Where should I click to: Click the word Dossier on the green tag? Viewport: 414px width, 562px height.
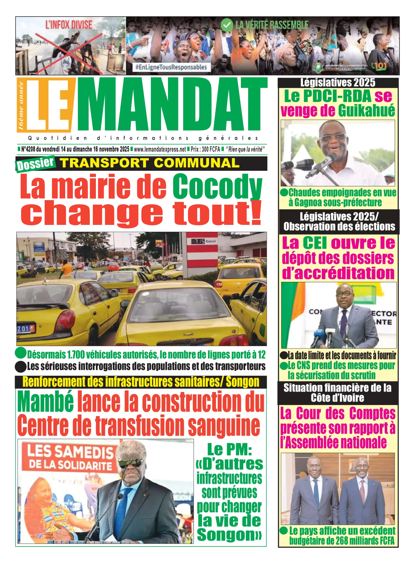pos(35,164)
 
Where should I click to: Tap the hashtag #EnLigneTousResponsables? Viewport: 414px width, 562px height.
pos(171,67)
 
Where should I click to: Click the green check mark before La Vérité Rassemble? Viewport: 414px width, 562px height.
pos(227,25)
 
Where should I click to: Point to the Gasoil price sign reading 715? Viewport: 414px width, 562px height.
pos(198,241)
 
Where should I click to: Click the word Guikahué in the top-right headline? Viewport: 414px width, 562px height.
pos(366,111)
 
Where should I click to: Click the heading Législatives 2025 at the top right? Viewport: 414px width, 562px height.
pos(337,82)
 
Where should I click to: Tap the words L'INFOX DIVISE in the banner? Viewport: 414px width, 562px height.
pos(69,25)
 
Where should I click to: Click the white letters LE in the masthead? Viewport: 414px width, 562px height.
pos(48,105)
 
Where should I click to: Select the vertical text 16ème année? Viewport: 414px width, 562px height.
pos(21,106)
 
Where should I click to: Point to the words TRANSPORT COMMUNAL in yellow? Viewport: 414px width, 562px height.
pos(149,163)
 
